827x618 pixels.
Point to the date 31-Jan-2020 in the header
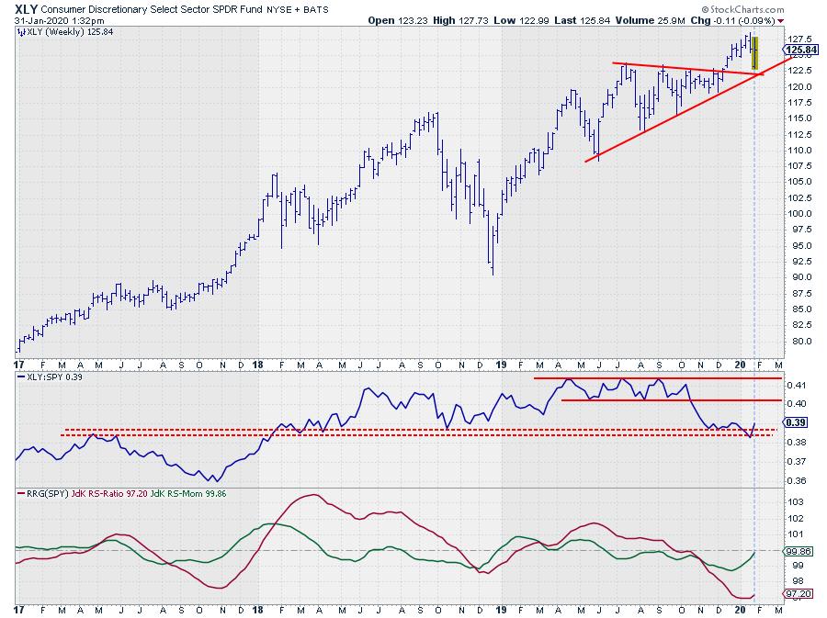pyautogui.click(x=47, y=19)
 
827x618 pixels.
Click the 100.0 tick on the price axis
pyautogui.click(x=799, y=214)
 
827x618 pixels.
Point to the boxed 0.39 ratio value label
pyautogui.click(x=797, y=422)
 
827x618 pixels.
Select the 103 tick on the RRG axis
pyautogui.click(x=796, y=502)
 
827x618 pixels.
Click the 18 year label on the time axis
pyautogui.click(x=259, y=610)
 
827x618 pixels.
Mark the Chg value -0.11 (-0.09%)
pyautogui.click(x=745, y=19)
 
